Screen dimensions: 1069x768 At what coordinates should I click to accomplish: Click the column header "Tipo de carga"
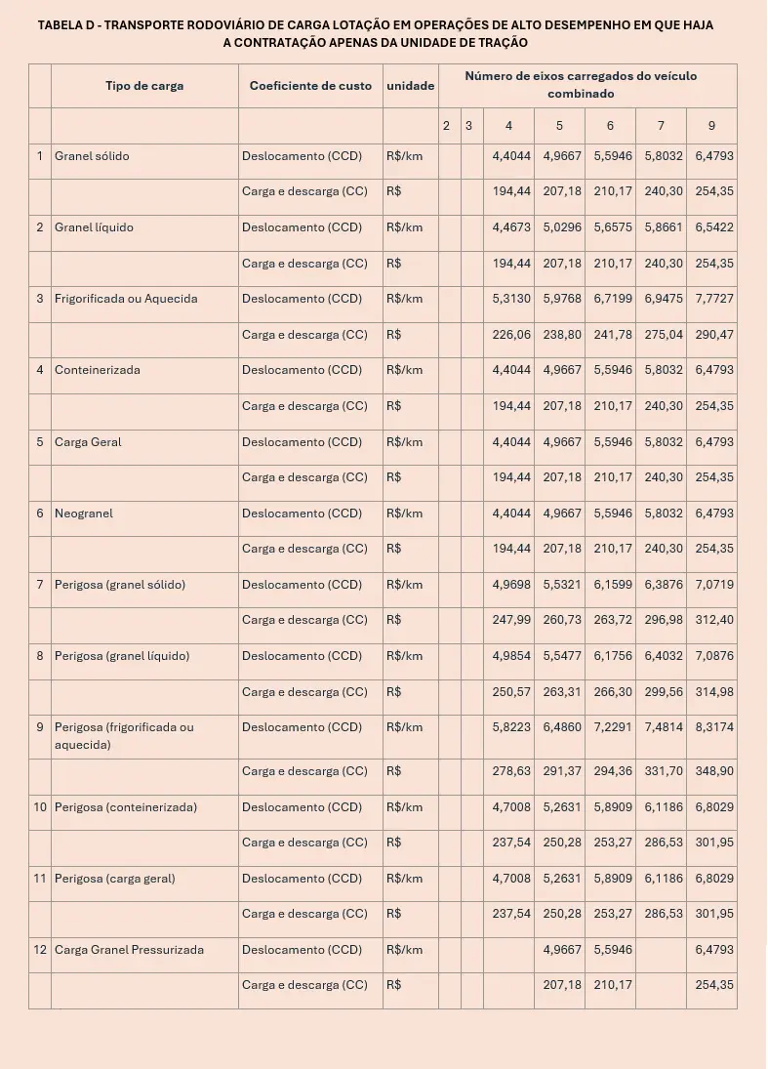[x=144, y=86]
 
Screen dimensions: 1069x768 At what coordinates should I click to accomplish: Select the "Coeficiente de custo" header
[x=310, y=86]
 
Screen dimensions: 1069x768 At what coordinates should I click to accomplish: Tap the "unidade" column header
[x=411, y=86]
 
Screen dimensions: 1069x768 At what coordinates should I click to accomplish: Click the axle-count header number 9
[x=712, y=126]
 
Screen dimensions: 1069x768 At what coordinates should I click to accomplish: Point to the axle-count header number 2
[x=446, y=126]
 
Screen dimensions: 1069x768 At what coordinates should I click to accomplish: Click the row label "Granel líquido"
[x=94, y=227]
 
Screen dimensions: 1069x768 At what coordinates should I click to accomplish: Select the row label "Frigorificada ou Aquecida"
[x=126, y=299]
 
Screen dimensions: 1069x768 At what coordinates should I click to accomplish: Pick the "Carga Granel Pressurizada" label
[x=129, y=950]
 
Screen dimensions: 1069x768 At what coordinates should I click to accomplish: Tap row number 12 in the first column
[x=40, y=950]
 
